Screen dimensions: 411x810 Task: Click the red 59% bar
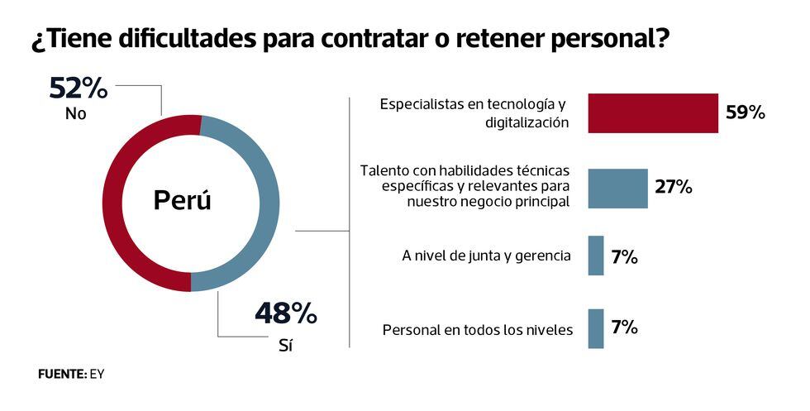[652, 112]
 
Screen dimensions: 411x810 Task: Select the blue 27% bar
[617, 188]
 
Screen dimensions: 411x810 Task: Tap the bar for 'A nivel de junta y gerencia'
[595, 256]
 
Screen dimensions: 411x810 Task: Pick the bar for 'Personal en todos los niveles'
[595, 328]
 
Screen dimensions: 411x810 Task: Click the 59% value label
[745, 112]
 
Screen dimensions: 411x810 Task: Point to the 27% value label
[673, 187]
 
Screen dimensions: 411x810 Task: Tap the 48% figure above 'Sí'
[285, 313]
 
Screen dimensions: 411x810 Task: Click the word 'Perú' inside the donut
[183, 201]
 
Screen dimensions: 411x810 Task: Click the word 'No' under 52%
[75, 115]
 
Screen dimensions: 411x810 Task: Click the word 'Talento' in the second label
[383, 170]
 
